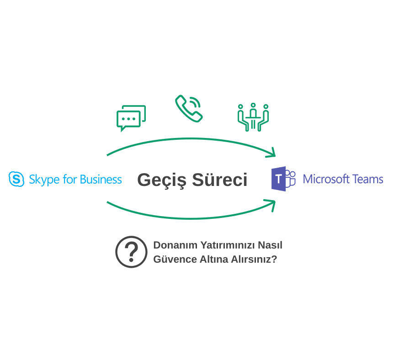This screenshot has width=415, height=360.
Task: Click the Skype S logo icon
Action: (16, 179)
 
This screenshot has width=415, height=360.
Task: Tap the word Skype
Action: (44, 180)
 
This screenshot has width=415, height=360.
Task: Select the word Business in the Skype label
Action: (101, 180)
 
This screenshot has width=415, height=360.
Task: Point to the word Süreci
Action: (219, 180)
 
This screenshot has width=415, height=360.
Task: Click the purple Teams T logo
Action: (283, 179)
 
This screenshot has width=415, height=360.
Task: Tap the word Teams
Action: (367, 180)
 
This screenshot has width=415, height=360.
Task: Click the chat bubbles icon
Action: (131, 118)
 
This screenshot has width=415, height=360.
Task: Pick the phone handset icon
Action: (189, 108)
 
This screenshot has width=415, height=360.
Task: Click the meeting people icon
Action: (253, 117)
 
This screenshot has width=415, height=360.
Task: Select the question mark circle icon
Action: (131, 252)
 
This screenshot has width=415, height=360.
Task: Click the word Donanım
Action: (175, 245)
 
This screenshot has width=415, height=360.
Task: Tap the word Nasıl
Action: (270, 245)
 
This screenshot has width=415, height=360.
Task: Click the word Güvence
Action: (175, 259)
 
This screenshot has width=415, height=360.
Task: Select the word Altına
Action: (214, 259)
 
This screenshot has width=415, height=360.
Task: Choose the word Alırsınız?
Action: (254, 259)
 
